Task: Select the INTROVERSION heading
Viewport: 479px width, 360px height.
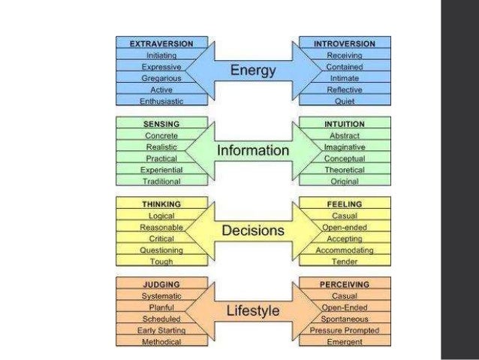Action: coord(345,44)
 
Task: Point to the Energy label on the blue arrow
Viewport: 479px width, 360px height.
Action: coord(253,71)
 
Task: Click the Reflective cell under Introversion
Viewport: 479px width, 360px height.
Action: coord(345,89)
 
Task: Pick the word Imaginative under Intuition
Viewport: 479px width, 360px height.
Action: coord(345,147)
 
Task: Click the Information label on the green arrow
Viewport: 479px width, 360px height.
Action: coord(253,151)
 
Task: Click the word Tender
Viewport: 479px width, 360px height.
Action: coord(345,262)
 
